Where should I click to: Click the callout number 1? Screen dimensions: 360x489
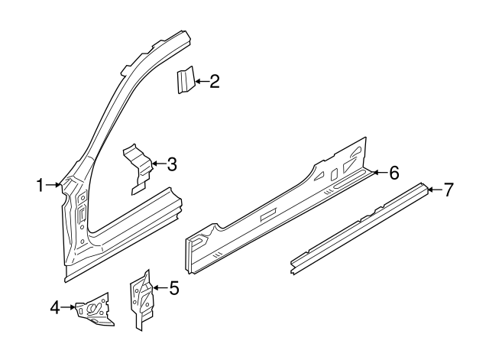pyautogui.click(x=40, y=184)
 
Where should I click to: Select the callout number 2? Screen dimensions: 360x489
pyautogui.click(x=215, y=81)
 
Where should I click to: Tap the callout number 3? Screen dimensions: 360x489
pyautogui.click(x=172, y=164)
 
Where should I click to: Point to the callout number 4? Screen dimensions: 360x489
pyautogui.click(x=55, y=308)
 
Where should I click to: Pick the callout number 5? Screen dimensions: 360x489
pyautogui.click(x=173, y=288)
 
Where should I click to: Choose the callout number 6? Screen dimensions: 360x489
pyautogui.click(x=393, y=174)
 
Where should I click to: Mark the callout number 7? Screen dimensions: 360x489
pyautogui.click(x=449, y=190)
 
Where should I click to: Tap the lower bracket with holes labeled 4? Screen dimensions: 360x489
pyautogui.click(x=94, y=310)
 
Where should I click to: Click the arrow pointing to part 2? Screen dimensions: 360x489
pyautogui.click(x=200, y=81)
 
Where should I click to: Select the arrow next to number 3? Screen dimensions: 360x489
pyautogui.click(x=157, y=164)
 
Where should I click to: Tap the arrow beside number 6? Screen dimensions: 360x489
pyautogui.click(x=378, y=174)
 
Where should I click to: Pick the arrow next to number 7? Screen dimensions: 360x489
pyautogui.click(x=433, y=190)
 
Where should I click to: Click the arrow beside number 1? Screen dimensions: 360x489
pyautogui.click(x=53, y=184)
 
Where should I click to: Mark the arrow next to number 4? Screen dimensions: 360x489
pyautogui.click(x=69, y=308)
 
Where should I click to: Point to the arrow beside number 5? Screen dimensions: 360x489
pyautogui.click(x=159, y=288)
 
